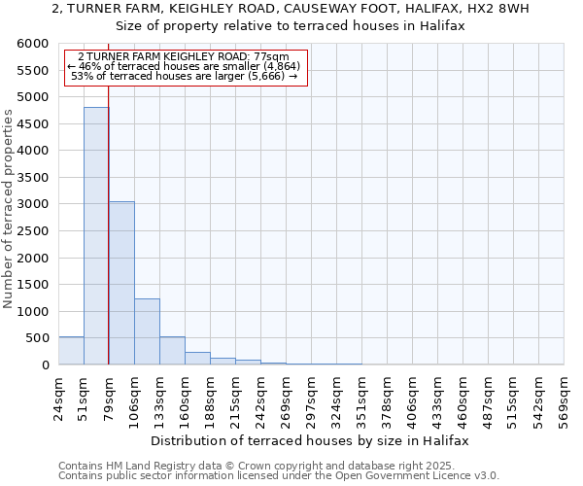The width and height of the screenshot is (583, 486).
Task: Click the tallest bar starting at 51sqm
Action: [x=96, y=236]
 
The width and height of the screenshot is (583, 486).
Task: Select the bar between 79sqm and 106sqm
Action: [x=121, y=283]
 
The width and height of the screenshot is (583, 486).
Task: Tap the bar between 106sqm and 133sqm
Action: [x=147, y=331]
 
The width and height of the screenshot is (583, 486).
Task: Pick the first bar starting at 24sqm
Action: [x=71, y=351]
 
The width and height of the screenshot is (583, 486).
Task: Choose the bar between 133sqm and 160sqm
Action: [x=172, y=351]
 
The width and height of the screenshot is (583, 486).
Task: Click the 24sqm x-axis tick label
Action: [x=58, y=397]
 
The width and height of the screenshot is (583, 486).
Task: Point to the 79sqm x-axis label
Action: [x=109, y=397]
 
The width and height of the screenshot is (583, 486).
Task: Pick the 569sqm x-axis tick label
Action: [x=564, y=397]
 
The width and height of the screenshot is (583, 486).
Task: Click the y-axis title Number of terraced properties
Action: [x=9, y=209]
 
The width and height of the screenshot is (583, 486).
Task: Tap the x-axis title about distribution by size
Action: [x=311, y=440]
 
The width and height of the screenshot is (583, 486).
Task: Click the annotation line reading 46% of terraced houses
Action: [x=185, y=66]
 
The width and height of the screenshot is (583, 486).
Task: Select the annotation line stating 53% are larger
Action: [x=185, y=76]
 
